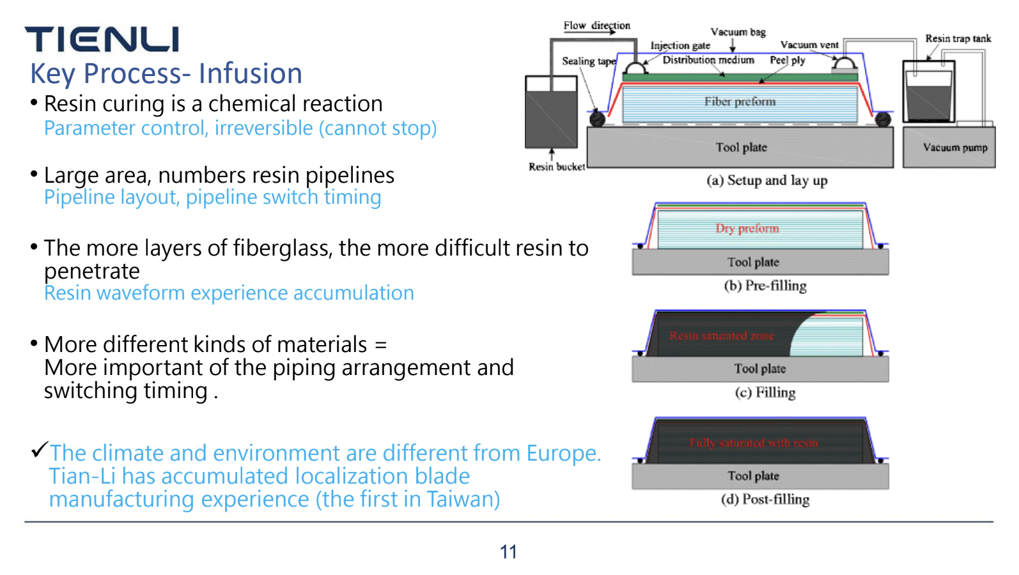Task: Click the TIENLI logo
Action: [x=102, y=40]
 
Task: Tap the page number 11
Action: [x=508, y=552]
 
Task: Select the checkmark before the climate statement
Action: [x=40, y=450]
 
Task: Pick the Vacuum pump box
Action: [x=949, y=148]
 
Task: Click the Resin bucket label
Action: [x=556, y=167]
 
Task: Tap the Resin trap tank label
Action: [x=958, y=38]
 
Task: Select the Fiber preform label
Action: [x=740, y=102]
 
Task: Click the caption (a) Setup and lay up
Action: [x=766, y=180]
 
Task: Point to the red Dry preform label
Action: [x=747, y=228]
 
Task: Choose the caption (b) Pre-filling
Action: [x=765, y=286]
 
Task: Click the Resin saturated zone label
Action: [x=722, y=335]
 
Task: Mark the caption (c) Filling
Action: [x=765, y=392]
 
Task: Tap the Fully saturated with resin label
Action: [x=753, y=442]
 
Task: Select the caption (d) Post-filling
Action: [x=765, y=499]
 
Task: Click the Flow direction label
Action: [x=596, y=26]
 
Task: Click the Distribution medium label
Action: [x=708, y=60]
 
